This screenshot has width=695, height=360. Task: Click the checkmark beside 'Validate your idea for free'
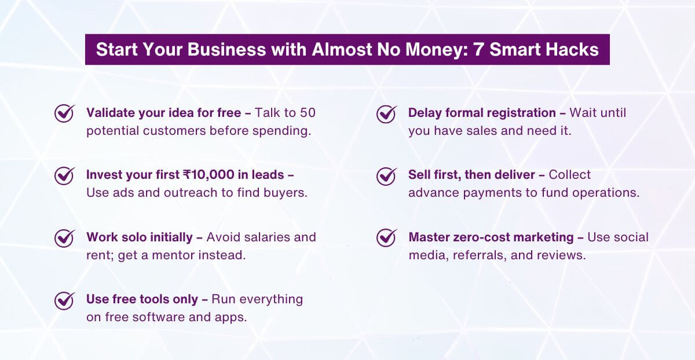pos(64,113)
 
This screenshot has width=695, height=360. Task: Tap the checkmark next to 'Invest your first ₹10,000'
pos(64,175)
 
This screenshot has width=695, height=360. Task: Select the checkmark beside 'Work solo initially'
pos(64,237)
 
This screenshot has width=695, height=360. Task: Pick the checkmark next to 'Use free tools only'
pos(64,300)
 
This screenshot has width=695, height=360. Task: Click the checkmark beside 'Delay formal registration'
pos(386,113)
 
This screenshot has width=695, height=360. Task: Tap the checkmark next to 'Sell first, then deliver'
pos(386,175)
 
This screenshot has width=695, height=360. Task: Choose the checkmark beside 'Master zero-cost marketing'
pos(386,237)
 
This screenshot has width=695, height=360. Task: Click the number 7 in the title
pos(478,49)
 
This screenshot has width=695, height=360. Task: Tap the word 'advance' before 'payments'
pos(430,192)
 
